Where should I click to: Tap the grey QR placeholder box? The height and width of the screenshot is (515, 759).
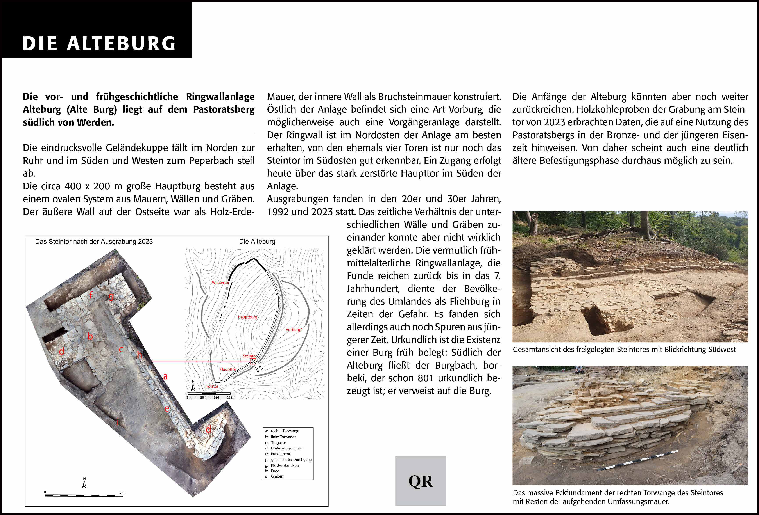click(x=420, y=481)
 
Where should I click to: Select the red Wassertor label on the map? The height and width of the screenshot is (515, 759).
click(x=220, y=282)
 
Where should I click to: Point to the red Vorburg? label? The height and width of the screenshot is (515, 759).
click(x=294, y=330)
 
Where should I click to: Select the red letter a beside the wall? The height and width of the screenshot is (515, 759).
click(x=166, y=376)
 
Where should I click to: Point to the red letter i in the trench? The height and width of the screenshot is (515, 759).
click(x=118, y=422)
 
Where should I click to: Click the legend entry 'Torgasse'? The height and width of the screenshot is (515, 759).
click(x=278, y=442)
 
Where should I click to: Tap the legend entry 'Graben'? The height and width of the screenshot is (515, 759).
click(x=277, y=476)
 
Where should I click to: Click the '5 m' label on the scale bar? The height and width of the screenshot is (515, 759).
click(x=122, y=492)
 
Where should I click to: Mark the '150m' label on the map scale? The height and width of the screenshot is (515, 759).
click(x=231, y=398)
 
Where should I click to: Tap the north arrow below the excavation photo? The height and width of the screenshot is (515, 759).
click(x=84, y=483)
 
